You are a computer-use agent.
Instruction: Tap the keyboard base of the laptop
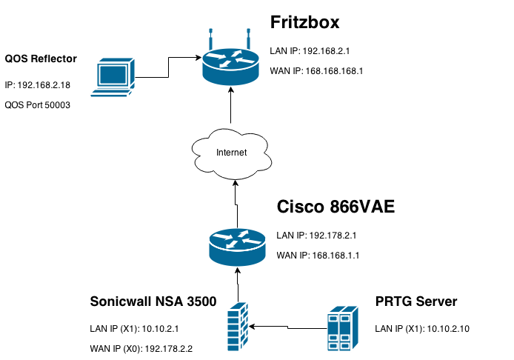[x=110, y=93]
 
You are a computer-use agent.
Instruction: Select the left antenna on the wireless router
[x=210, y=38]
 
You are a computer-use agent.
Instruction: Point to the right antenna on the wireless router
[x=249, y=38]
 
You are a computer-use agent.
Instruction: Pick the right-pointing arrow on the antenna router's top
[x=217, y=56]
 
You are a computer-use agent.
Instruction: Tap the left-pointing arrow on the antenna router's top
[x=244, y=60]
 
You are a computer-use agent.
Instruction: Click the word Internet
[x=231, y=153]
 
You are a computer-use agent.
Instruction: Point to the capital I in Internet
[x=217, y=153]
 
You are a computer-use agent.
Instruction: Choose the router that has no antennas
[x=237, y=247]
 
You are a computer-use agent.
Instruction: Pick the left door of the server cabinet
[x=333, y=332]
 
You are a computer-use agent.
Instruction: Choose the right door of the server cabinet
[x=345, y=332]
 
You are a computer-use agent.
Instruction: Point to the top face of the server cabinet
[x=343, y=310]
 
